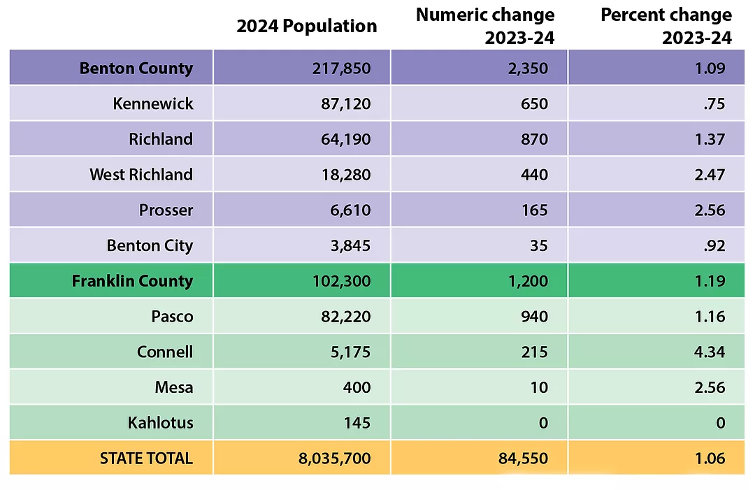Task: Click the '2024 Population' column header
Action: pyautogui.click(x=306, y=27)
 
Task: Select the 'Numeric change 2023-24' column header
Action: pyautogui.click(x=485, y=27)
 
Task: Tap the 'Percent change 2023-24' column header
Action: pyautogui.click(x=666, y=27)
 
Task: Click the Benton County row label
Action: pyautogui.click(x=136, y=69)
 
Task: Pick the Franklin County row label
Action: pyautogui.click(x=132, y=281)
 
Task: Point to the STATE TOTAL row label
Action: pyautogui.click(x=145, y=459)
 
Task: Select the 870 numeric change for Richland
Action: pyautogui.click(x=534, y=139)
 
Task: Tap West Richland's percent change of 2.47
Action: pyautogui.click(x=707, y=175)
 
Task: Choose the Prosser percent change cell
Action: pyautogui.click(x=707, y=210)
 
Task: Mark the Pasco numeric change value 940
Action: pyautogui.click(x=534, y=317)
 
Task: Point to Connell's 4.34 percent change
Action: pyautogui.click(x=707, y=352)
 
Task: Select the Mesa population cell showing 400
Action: pyautogui.click(x=357, y=387)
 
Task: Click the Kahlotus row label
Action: pyautogui.click(x=160, y=423)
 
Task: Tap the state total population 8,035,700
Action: pyautogui.click(x=334, y=459)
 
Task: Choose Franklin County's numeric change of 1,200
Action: pyautogui.click(x=528, y=281)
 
